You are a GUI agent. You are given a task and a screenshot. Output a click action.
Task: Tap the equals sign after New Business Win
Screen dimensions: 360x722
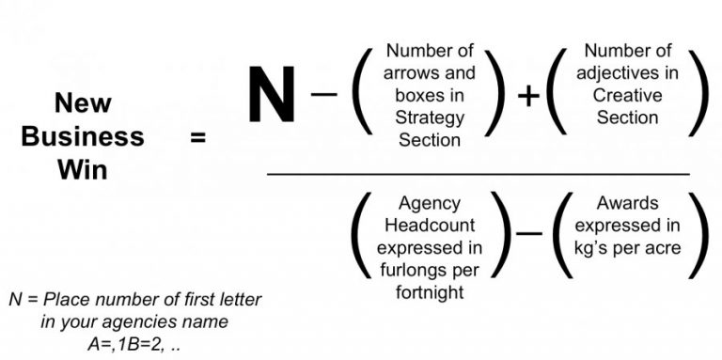point(198,137)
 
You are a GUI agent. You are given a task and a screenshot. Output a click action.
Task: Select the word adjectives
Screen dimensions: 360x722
point(627,72)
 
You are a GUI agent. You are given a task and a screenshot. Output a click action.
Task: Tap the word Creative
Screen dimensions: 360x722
point(627,95)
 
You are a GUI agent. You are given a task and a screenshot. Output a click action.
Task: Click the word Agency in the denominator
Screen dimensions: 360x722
point(430,203)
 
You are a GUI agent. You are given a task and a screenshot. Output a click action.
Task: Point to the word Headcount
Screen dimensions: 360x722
point(430,226)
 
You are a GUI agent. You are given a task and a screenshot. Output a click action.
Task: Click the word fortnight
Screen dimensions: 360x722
point(430,294)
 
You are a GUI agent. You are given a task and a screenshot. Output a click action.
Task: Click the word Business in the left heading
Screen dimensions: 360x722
point(83,136)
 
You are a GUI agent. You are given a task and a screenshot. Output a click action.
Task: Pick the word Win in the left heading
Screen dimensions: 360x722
point(83,171)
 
